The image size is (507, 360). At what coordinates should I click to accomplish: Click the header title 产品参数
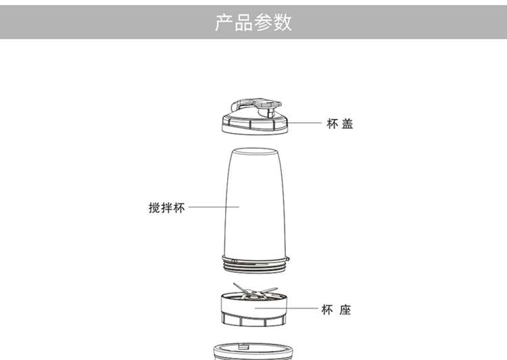254,22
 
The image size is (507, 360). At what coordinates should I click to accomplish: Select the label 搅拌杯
166,207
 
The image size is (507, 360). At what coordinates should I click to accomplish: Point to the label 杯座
336,310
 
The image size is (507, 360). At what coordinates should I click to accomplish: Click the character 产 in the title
224,22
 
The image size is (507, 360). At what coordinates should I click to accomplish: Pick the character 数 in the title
283,22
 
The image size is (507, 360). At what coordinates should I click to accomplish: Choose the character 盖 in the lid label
347,124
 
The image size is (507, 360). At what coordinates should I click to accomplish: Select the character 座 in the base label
345,310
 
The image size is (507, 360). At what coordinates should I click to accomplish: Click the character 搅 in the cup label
155,207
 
